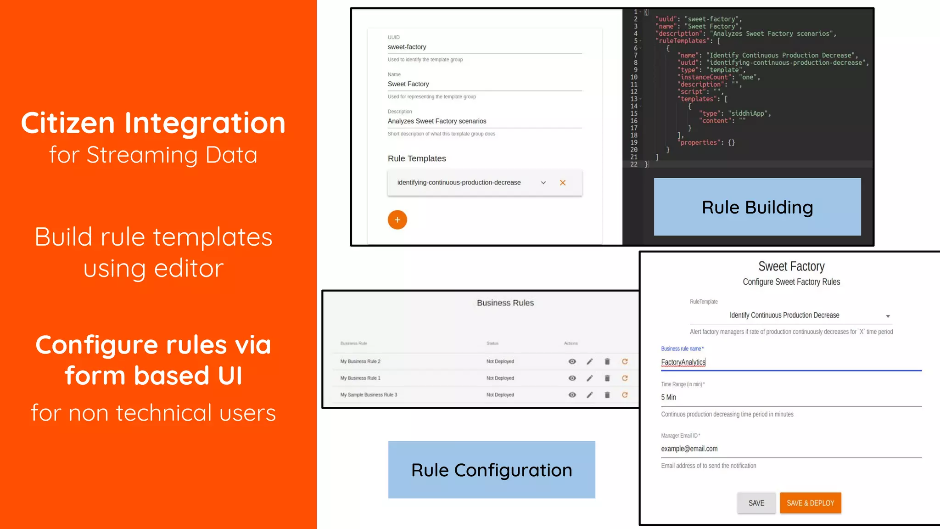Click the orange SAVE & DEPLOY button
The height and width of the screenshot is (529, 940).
click(x=810, y=503)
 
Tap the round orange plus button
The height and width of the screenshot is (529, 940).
click(x=397, y=219)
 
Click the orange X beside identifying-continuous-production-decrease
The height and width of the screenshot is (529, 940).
click(x=562, y=183)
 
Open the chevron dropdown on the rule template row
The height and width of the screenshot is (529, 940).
click(x=543, y=183)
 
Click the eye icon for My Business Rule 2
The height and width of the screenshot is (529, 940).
click(x=572, y=361)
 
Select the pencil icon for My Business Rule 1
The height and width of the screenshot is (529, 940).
click(x=590, y=378)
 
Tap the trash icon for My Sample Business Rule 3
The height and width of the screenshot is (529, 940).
click(x=607, y=395)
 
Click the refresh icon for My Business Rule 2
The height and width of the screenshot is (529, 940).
click(x=625, y=361)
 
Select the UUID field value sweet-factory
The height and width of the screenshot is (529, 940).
click(x=407, y=47)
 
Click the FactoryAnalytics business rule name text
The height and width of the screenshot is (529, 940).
click(x=683, y=362)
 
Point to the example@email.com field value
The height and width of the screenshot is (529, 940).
click(x=689, y=449)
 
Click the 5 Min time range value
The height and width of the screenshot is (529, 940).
click(x=668, y=397)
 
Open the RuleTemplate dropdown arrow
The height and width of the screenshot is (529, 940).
click(x=888, y=316)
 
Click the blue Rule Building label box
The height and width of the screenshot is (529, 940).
click(x=757, y=207)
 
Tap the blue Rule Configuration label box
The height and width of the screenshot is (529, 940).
click(x=492, y=470)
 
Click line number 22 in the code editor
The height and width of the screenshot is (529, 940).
click(x=634, y=164)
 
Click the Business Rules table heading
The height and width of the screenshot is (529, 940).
click(x=505, y=303)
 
